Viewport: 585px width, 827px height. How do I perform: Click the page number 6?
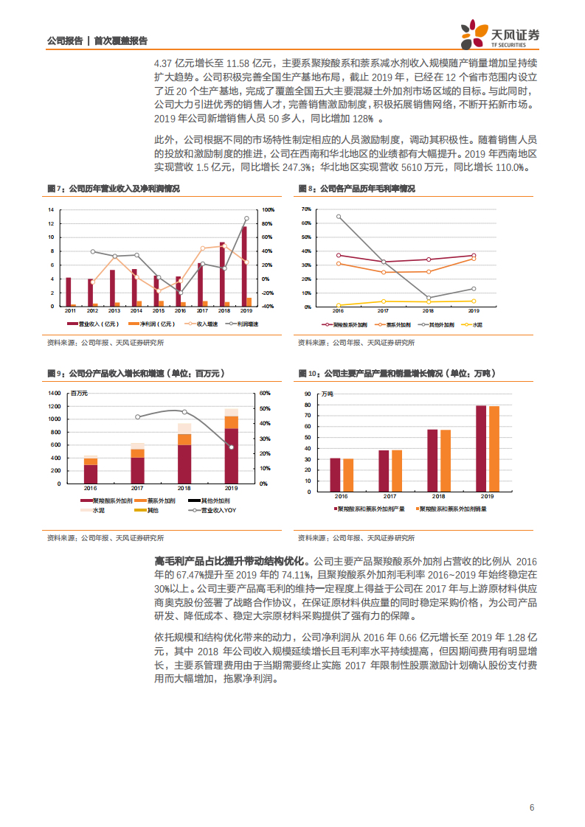tap(531, 807)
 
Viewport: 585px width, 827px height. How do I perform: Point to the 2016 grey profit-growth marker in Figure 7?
tap(181, 293)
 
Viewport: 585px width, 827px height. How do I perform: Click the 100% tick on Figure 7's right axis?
tap(269, 210)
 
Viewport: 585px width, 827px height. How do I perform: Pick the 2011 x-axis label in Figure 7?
tap(69, 312)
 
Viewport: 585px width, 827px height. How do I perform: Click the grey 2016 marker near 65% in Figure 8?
tap(339, 217)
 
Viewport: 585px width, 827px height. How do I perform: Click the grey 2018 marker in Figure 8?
tap(428, 298)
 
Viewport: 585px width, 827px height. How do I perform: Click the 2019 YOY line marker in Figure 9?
tap(232, 447)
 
